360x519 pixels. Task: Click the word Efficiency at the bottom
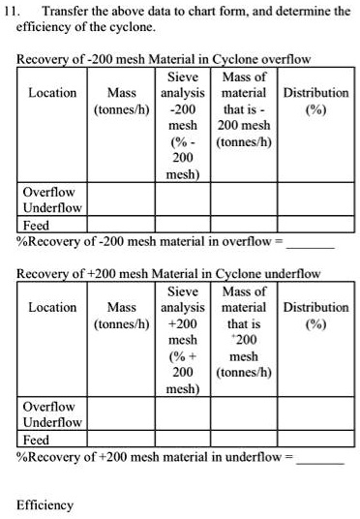click(44, 505)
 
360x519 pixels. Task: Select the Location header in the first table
click(52, 93)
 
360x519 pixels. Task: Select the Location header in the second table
click(52, 307)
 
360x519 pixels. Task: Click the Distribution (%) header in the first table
click(315, 101)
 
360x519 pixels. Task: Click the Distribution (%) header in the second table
click(315, 315)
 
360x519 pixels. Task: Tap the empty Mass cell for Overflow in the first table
click(121, 192)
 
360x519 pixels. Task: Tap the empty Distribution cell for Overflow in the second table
click(315, 407)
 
